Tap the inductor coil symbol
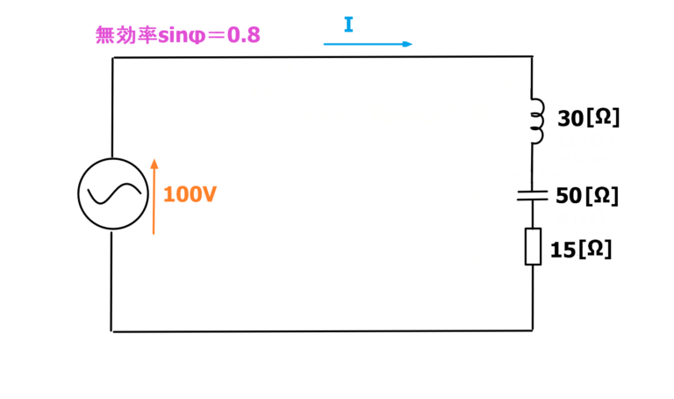[x=538, y=121]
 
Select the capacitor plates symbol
[x=532, y=195]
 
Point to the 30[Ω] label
[x=589, y=118]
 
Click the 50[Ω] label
[x=587, y=196]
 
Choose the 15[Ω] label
[x=581, y=250]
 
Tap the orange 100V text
[x=190, y=194]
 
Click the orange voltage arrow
[x=154, y=197]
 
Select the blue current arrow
[x=368, y=44]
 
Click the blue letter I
[x=348, y=25]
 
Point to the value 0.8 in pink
[x=243, y=35]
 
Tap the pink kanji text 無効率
[x=126, y=35]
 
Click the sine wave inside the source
[x=114, y=193]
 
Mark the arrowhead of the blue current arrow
[x=408, y=44]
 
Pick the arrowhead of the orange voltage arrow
[x=154, y=163]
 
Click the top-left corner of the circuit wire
[x=112, y=58]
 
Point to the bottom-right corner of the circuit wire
[x=533, y=330]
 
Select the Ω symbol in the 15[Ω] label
[x=595, y=249]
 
